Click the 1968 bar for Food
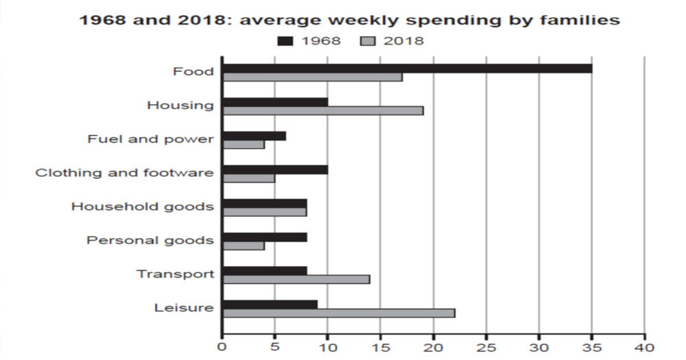[x=407, y=68]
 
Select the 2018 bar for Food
[x=313, y=77]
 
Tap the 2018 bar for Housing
[x=323, y=110]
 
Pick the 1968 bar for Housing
[x=276, y=102]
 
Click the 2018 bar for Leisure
[x=339, y=313]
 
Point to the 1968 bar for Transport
[x=265, y=270]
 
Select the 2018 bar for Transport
[x=296, y=279]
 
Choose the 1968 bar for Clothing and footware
[x=276, y=169]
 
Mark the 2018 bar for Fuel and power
[x=244, y=145]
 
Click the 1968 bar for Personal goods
[x=265, y=237]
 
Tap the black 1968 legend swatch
[x=285, y=41]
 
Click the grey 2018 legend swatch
[x=368, y=41]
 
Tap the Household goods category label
[x=143, y=206]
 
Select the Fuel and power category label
[x=151, y=139]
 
